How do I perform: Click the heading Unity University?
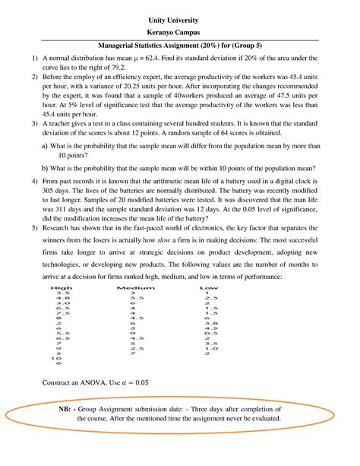(180, 17)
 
